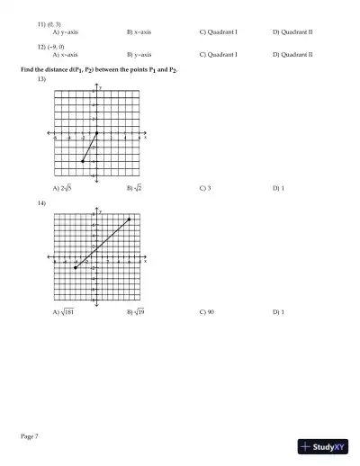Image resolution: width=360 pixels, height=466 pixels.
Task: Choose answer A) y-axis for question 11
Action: (x=66, y=31)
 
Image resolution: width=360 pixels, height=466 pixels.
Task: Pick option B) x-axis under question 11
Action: (x=139, y=31)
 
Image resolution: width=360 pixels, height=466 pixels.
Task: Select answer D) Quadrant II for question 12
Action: (x=292, y=54)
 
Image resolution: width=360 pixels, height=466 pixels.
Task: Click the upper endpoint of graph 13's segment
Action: (x=97, y=133)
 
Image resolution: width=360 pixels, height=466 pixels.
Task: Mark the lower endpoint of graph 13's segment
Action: (x=83, y=161)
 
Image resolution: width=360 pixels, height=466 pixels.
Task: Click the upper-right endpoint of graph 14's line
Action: (x=130, y=219)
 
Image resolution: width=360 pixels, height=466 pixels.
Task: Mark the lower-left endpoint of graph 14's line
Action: (x=76, y=267)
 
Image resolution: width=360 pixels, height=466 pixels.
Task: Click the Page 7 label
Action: (x=29, y=436)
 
